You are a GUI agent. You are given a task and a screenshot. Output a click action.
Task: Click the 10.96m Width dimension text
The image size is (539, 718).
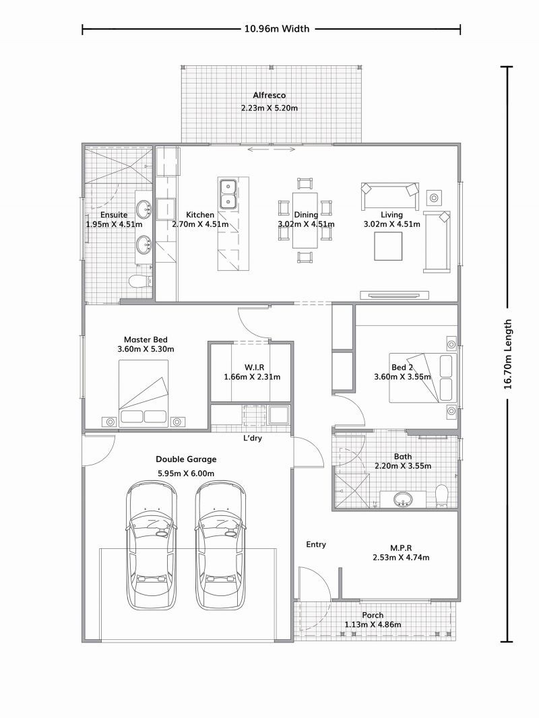(276, 29)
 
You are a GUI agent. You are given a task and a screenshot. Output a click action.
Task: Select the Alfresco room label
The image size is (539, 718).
(269, 96)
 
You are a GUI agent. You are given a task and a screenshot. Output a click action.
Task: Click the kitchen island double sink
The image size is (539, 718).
(228, 193)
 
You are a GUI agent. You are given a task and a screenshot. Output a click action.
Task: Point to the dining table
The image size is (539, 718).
(305, 220)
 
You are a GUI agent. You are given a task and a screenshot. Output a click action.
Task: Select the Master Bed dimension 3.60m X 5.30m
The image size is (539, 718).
(146, 350)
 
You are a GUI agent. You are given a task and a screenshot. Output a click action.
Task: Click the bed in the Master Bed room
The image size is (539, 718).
(144, 393)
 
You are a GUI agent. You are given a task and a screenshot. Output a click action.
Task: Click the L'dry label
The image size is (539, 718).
(253, 438)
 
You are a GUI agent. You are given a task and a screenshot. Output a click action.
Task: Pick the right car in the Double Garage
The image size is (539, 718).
(222, 546)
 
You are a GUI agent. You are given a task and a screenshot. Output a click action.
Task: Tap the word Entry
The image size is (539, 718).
(316, 544)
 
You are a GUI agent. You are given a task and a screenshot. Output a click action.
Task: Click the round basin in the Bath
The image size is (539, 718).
(403, 500)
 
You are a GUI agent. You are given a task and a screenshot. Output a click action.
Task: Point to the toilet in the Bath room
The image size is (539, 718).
(442, 495)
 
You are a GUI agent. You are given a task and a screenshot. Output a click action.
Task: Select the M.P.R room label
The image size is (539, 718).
(401, 548)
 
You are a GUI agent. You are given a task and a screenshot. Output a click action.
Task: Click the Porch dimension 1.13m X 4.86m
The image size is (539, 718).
(373, 624)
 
